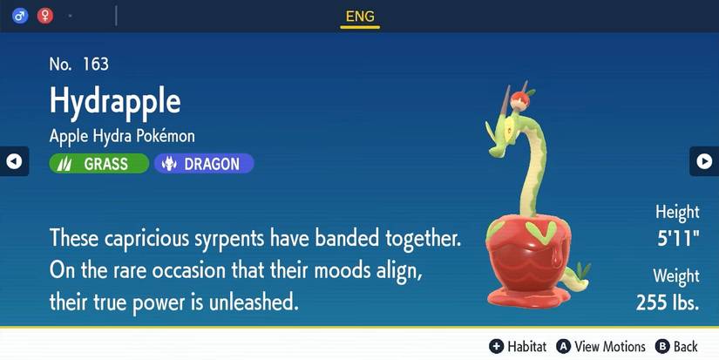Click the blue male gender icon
click(x=20, y=15)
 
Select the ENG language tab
click(x=359, y=15)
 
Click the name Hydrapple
click(x=115, y=100)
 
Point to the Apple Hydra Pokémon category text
click(x=122, y=136)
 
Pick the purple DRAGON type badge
click(x=204, y=163)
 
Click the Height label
click(x=677, y=212)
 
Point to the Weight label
click(x=676, y=276)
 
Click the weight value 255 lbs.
click(x=668, y=303)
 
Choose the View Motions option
click(x=600, y=346)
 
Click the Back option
click(x=676, y=346)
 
